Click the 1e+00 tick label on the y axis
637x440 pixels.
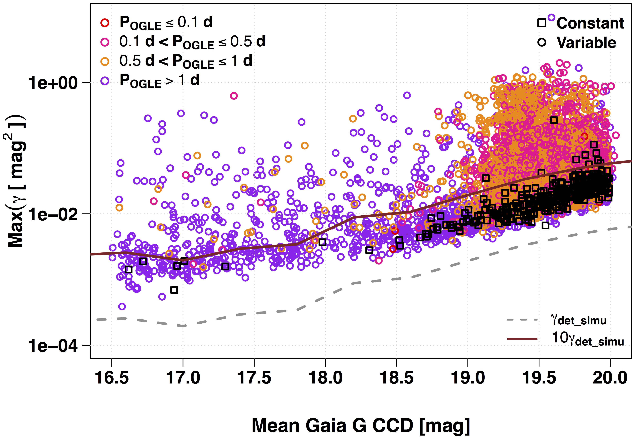(x=53, y=83)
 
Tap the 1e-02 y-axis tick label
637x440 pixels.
(x=53, y=214)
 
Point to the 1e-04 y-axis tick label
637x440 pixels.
(x=53, y=345)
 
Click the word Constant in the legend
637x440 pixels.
(x=590, y=23)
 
